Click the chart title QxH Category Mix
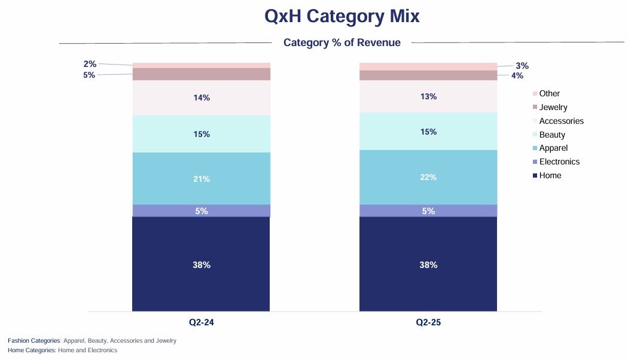point(342,17)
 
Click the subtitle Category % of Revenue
point(342,42)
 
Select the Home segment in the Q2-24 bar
point(201,264)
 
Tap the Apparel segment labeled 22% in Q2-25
point(428,177)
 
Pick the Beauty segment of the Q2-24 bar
point(201,134)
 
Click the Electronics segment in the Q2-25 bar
point(428,210)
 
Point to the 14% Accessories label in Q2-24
point(202,97)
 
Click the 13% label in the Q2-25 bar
point(428,96)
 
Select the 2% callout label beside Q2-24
point(90,64)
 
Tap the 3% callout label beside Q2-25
point(522,66)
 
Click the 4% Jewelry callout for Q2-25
point(517,75)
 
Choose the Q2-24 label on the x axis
point(202,322)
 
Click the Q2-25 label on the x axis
point(428,322)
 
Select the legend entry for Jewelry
point(553,107)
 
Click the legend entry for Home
point(550,175)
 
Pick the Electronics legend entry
point(559,161)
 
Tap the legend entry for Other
point(549,93)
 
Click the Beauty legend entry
point(551,135)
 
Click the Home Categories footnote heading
point(32,350)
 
